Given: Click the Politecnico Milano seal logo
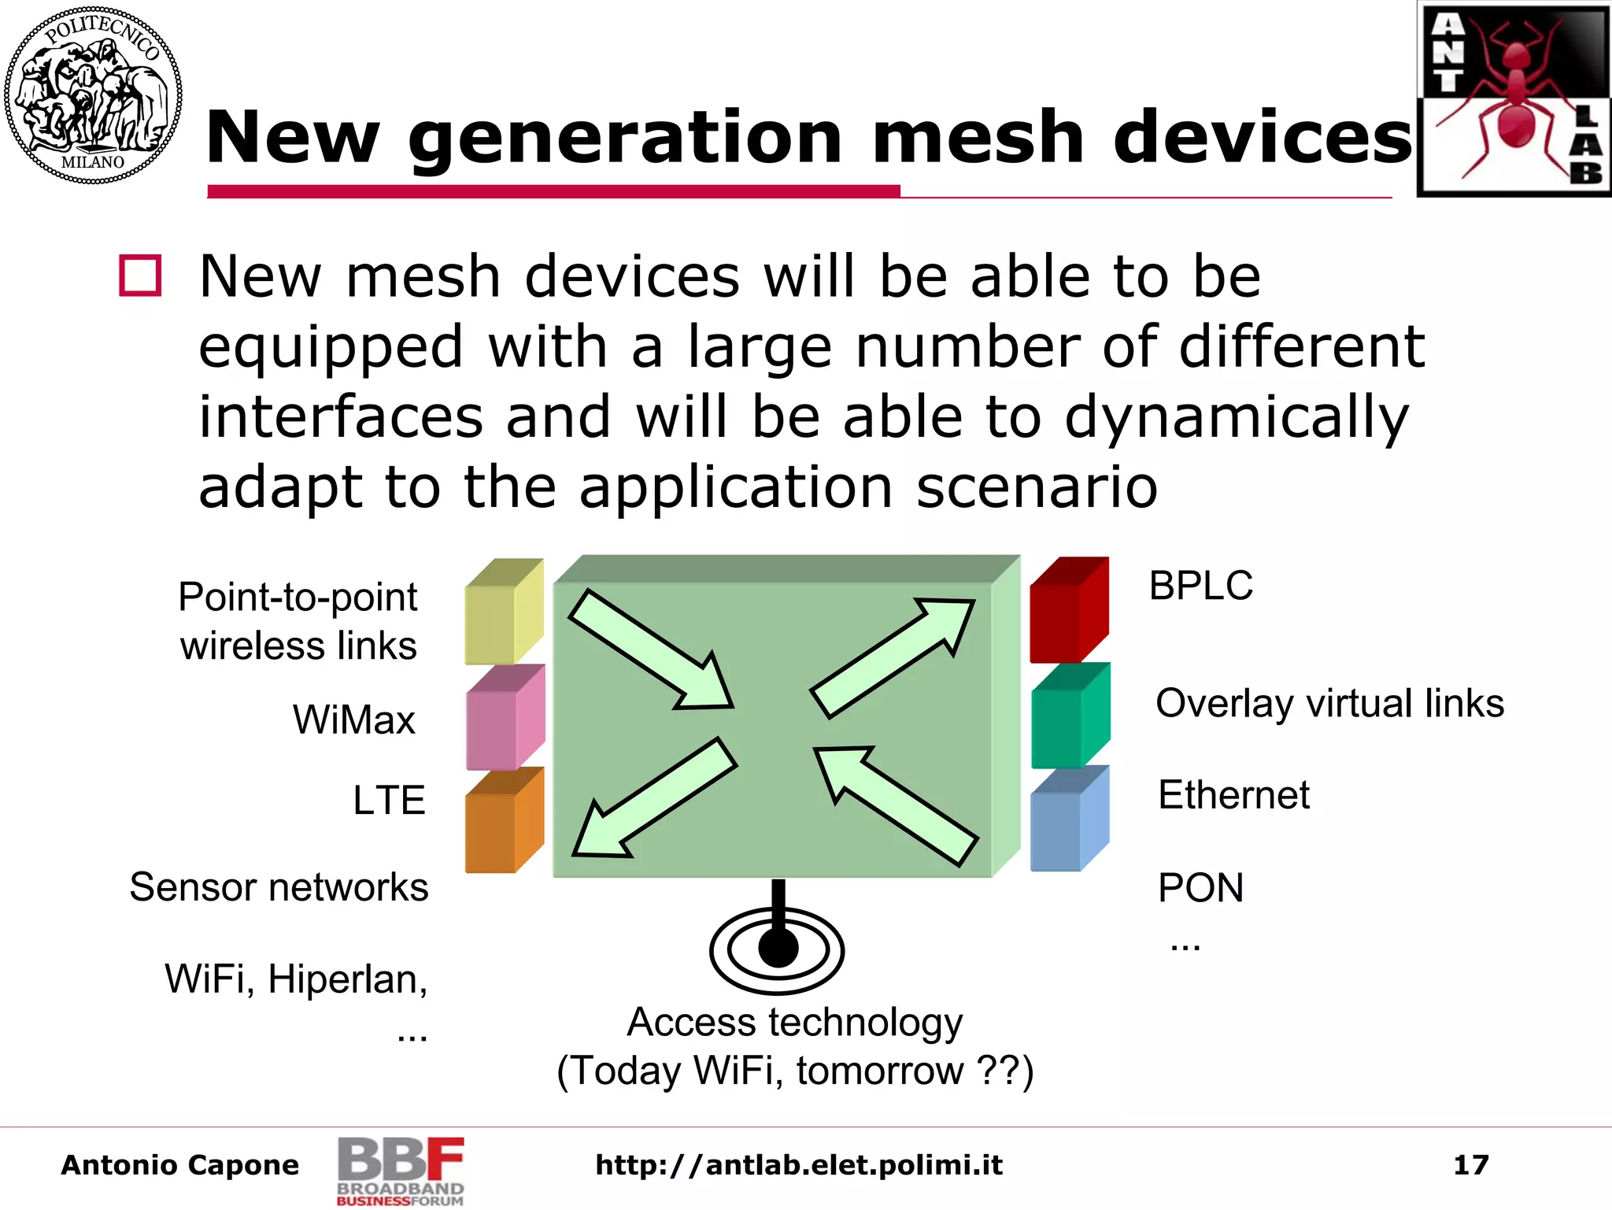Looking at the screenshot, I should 93,95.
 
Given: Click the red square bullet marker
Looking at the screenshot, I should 140,276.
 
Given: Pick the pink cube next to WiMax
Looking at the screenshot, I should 505,718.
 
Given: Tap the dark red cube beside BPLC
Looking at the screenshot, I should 1068,610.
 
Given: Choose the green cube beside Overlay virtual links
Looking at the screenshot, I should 1070,716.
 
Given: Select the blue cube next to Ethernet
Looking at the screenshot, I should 1069,820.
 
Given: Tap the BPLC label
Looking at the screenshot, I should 1200,586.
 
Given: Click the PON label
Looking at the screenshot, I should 1200,887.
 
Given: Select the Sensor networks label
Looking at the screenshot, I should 279,887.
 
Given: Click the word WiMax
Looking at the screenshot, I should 353,720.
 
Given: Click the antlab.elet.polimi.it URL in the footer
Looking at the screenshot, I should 799,1164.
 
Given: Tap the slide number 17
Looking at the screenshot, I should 1470,1164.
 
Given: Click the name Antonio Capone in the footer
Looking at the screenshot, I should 180,1164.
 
